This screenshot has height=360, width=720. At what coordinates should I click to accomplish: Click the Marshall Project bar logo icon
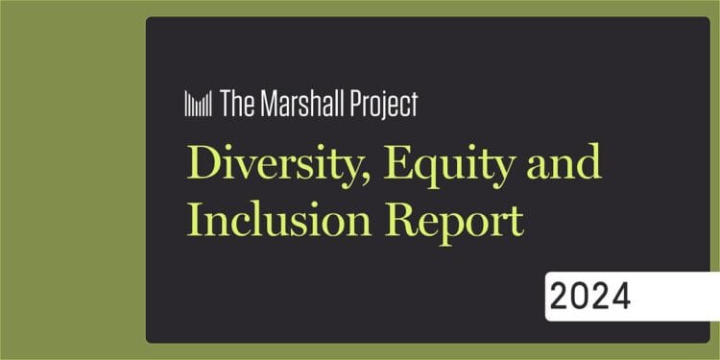click(x=198, y=104)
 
